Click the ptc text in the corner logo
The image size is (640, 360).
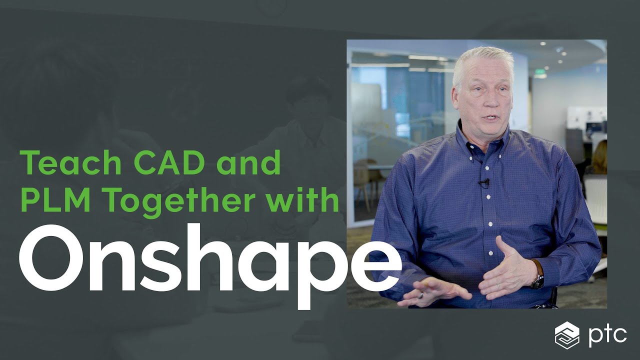[x=608, y=334]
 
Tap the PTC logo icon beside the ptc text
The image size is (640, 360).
[x=567, y=335]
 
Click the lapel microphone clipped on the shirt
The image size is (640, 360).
[x=483, y=183]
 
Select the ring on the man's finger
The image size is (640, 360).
[x=421, y=295]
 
